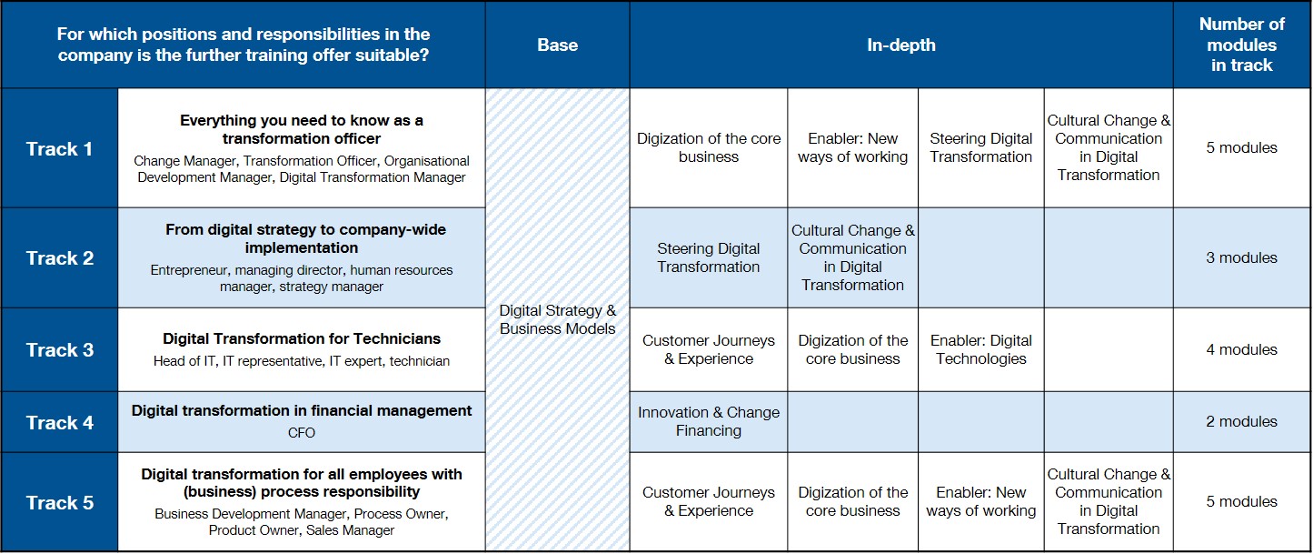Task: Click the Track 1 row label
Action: click(x=59, y=148)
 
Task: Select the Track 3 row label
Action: click(x=60, y=349)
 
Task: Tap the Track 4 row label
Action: click(x=60, y=422)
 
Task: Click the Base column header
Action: click(x=557, y=45)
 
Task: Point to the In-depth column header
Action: click(x=901, y=45)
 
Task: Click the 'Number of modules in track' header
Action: click(x=1241, y=45)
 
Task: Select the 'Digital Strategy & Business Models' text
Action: click(x=557, y=319)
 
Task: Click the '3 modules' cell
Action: click(x=1241, y=257)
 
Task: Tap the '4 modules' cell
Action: click(x=1241, y=349)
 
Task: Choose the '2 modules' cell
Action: click(x=1241, y=421)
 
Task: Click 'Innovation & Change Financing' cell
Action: click(x=709, y=421)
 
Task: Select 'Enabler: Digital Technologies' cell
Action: click(x=981, y=349)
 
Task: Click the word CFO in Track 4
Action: click(x=302, y=433)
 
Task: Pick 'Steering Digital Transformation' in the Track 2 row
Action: click(x=709, y=257)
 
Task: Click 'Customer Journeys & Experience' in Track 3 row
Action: click(x=709, y=349)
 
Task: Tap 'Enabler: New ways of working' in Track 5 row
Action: click(x=981, y=502)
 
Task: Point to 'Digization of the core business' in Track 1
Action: click(x=709, y=148)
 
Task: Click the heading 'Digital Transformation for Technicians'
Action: click(x=302, y=338)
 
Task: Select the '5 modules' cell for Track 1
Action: click(x=1241, y=148)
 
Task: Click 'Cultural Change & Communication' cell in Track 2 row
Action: click(x=853, y=257)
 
